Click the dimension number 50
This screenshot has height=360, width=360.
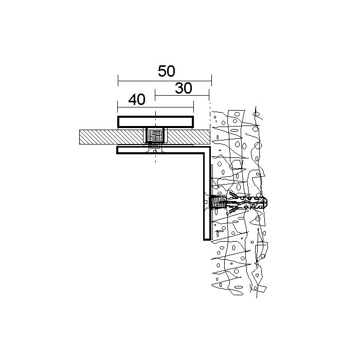(x=167, y=71)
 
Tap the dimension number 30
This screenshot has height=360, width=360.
(x=184, y=88)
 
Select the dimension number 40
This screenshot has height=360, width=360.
(x=137, y=99)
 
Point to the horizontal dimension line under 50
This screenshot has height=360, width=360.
(x=165, y=81)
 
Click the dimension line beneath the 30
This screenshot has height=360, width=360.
(x=182, y=95)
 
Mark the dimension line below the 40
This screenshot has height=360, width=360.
(x=155, y=107)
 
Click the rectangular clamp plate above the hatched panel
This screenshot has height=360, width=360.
(x=155, y=122)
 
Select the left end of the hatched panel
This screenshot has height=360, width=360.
(x=79, y=137)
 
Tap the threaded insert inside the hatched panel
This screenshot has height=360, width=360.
(x=155, y=136)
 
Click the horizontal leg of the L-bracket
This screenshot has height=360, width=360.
(x=160, y=150)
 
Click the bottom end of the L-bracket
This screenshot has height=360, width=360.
(x=207, y=240)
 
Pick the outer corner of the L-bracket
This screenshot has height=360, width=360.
(x=210, y=147)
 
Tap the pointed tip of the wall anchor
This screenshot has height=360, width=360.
(x=267, y=202)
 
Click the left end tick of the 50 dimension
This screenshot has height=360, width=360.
(x=118, y=81)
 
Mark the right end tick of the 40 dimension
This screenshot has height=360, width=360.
(x=193, y=107)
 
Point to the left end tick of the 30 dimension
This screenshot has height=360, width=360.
(x=155, y=95)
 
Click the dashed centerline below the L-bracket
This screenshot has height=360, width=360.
(x=155, y=158)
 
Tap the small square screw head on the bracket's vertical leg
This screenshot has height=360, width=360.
(x=206, y=202)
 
